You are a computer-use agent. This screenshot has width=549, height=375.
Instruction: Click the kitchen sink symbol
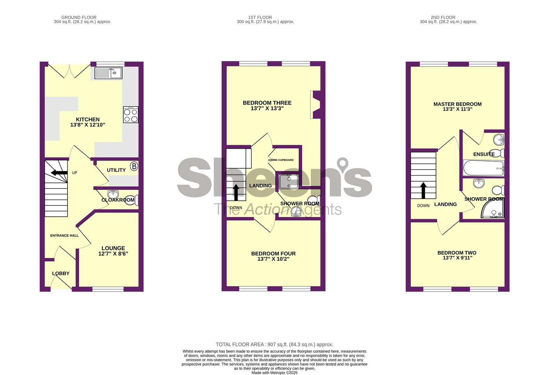coord(108,73)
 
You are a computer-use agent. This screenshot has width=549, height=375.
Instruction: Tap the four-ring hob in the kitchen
coord(131,115)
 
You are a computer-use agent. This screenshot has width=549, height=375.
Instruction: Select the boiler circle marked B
coord(134,166)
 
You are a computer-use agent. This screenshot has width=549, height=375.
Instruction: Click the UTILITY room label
coord(116,170)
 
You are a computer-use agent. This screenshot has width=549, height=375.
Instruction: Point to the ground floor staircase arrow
coord(59,173)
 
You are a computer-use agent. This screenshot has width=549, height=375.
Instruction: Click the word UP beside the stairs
coord(74,173)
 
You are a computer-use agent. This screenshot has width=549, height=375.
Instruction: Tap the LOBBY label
coord(61,273)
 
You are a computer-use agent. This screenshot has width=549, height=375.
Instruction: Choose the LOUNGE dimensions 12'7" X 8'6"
coord(113,254)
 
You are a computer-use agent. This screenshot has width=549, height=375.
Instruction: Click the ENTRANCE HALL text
coord(64,235)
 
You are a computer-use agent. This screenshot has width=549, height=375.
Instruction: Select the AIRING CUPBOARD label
coord(281,160)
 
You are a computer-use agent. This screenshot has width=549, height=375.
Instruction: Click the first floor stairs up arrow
coord(236,192)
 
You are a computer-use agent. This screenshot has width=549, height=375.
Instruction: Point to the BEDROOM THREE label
coord(267,103)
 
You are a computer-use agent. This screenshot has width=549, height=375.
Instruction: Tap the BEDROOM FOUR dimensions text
coord(274,259)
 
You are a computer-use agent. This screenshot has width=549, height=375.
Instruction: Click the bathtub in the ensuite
coord(483,168)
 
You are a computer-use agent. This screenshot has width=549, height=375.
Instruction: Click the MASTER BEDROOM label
coord(458,104)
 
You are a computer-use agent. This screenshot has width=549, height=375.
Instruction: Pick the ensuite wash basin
coord(499,140)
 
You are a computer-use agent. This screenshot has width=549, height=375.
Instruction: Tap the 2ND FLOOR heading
coord(443,17)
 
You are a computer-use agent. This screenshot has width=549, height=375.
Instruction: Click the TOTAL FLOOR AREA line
coord(275,345)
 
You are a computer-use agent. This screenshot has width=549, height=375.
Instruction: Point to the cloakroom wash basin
coord(113,194)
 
